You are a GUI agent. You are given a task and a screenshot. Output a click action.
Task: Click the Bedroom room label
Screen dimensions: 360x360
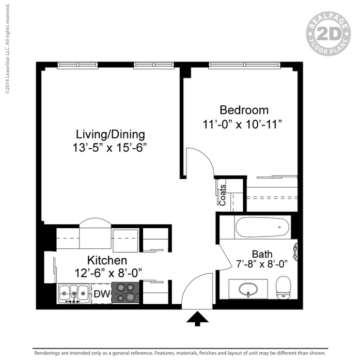click(244, 110)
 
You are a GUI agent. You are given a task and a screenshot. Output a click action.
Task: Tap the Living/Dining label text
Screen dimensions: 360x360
click(111, 134)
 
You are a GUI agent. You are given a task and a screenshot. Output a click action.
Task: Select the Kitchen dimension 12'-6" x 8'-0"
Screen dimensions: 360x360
click(108, 273)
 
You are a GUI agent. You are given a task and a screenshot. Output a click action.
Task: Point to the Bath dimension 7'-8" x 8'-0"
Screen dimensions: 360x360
click(262, 264)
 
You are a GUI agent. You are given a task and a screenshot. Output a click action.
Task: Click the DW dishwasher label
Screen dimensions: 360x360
click(102, 294)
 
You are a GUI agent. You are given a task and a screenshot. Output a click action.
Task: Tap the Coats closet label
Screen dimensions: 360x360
click(223, 195)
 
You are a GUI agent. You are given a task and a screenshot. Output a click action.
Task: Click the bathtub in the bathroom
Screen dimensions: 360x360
click(262, 227)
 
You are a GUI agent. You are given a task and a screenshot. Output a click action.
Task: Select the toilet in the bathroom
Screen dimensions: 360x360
click(284, 288)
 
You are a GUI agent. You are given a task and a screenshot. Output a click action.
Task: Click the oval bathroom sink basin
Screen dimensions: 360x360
click(248, 289)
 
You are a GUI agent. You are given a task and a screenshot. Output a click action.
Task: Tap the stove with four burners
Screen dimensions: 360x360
click(126, 293)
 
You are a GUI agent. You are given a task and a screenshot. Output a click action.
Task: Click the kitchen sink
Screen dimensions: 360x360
click(73, 293)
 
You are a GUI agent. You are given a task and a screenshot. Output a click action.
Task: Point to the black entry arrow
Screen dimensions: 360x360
click(197, 319)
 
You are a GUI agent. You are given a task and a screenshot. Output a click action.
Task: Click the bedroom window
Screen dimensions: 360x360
click(244, 65)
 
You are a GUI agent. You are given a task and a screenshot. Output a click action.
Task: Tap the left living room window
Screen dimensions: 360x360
click(77, 65)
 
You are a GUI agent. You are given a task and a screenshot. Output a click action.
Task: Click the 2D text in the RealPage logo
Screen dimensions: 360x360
click(328, 34)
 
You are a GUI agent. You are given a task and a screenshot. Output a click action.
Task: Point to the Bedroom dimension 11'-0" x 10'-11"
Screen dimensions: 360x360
click(242, 124)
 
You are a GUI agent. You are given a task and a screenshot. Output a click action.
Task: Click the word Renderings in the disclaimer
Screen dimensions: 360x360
click(47, 353)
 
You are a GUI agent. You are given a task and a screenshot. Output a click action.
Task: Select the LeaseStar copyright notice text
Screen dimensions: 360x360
click(8, 49)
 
